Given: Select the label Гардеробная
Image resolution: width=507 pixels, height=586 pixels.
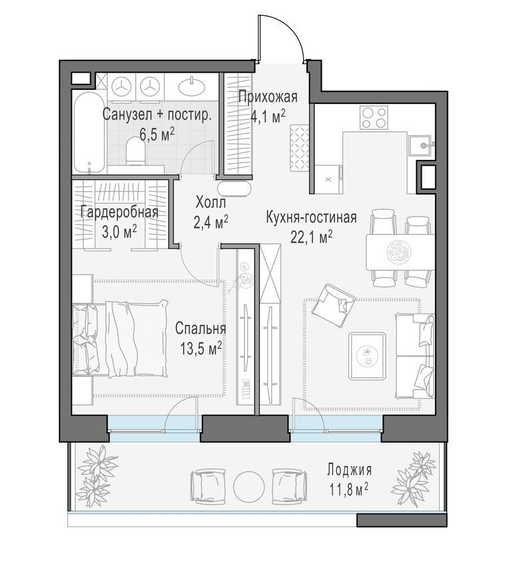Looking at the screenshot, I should pos(119,212).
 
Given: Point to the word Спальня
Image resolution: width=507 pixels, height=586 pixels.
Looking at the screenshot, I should pos(201,329).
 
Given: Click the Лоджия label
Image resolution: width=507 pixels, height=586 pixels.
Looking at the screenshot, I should pos(349,469).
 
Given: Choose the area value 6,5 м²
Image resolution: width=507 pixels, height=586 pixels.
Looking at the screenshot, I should pos(157,132).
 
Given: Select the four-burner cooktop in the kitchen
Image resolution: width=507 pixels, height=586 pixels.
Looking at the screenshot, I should pos(374,117).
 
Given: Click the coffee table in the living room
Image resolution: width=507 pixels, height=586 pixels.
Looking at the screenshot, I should pos(366,355).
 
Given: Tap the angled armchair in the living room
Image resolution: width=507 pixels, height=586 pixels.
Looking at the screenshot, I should pos(335,304).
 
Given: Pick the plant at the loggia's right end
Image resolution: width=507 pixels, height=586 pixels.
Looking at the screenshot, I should pos(413,479).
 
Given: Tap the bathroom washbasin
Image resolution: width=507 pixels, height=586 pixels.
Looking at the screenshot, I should pos(194,85).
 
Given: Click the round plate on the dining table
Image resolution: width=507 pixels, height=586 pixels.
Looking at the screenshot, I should pos(398,251).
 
